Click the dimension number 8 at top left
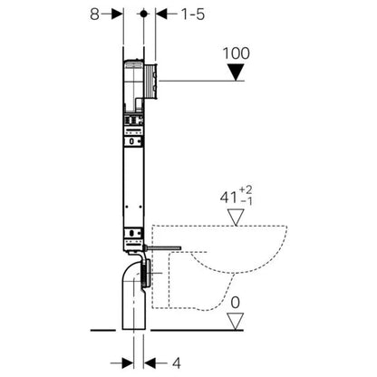(94, 14)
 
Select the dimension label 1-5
(193, 14)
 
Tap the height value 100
(236, 53)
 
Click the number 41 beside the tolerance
(228, 198)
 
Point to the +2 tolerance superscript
(246, 190)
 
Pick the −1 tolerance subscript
(246, 201)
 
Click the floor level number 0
(236, 303)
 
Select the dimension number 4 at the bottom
(177, 362)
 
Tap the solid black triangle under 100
(236, 72)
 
